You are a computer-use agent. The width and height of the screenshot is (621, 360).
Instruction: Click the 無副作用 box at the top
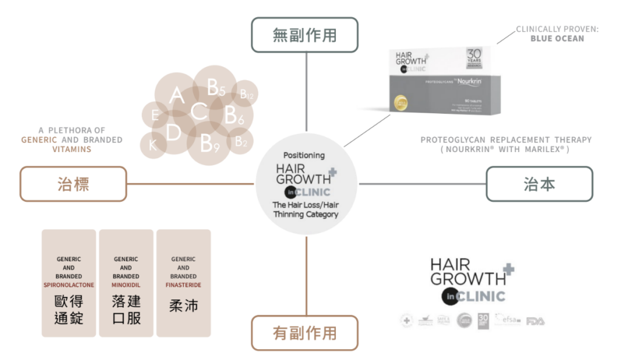(x=304, y=35)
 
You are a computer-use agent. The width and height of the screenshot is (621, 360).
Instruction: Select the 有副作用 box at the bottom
(x=304, y=333)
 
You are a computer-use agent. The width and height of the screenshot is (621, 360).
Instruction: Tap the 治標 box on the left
(x=73, y=184)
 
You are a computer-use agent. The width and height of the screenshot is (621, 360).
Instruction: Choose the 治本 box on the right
(x=539, y=184)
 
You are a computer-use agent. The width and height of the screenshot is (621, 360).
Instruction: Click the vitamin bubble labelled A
(x=176, y=95)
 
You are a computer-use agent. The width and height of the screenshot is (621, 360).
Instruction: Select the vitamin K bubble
(x=153, y=145)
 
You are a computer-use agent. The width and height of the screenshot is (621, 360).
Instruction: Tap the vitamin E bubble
(x=155, y=115)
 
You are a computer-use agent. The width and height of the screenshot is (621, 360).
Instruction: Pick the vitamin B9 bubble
(x=210, y=143)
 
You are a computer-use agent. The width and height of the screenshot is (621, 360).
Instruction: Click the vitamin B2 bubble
(x=241, y=142)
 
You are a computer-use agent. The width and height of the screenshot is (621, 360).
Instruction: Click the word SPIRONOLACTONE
(x=69, y=285)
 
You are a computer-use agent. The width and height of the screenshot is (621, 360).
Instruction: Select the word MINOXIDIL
(x=126, y=285)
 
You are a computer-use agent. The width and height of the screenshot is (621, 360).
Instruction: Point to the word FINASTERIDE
(x=183, y=285)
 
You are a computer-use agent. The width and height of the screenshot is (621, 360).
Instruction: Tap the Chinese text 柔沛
(x=183, y=305)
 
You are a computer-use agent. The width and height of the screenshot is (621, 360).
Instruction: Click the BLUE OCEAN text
(x=557, y=38)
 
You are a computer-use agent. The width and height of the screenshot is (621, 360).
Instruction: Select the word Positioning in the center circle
(x=304, y=155)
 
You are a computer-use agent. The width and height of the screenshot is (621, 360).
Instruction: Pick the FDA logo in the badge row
(x=535, y=321)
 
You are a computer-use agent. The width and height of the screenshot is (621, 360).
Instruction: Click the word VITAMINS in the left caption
(x=72, y=148)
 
